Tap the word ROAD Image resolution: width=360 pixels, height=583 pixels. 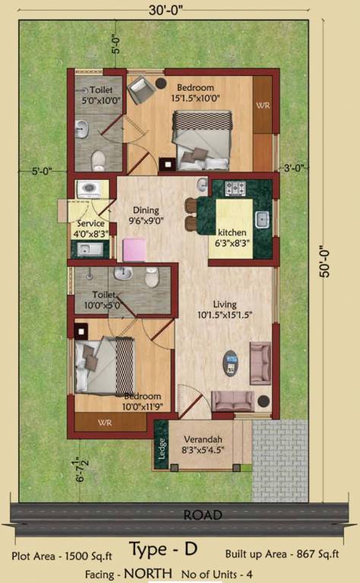pyautogui.click(x=203, y=515)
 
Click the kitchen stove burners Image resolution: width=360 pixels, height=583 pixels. pyautogui.click(x=233, y=188)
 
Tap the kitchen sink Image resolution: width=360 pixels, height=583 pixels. pyautogui.click(x=263, y=219)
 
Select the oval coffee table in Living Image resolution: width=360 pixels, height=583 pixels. pyautogui.click(x=231, y=362)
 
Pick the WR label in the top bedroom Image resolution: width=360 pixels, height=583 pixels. pyautogui.click(x=263, y=105)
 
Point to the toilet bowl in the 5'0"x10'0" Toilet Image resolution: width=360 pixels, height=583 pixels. pyautogui.click(x=97, y=159)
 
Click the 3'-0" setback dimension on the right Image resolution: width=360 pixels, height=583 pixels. pyautogui.click(x=294, y=168)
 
